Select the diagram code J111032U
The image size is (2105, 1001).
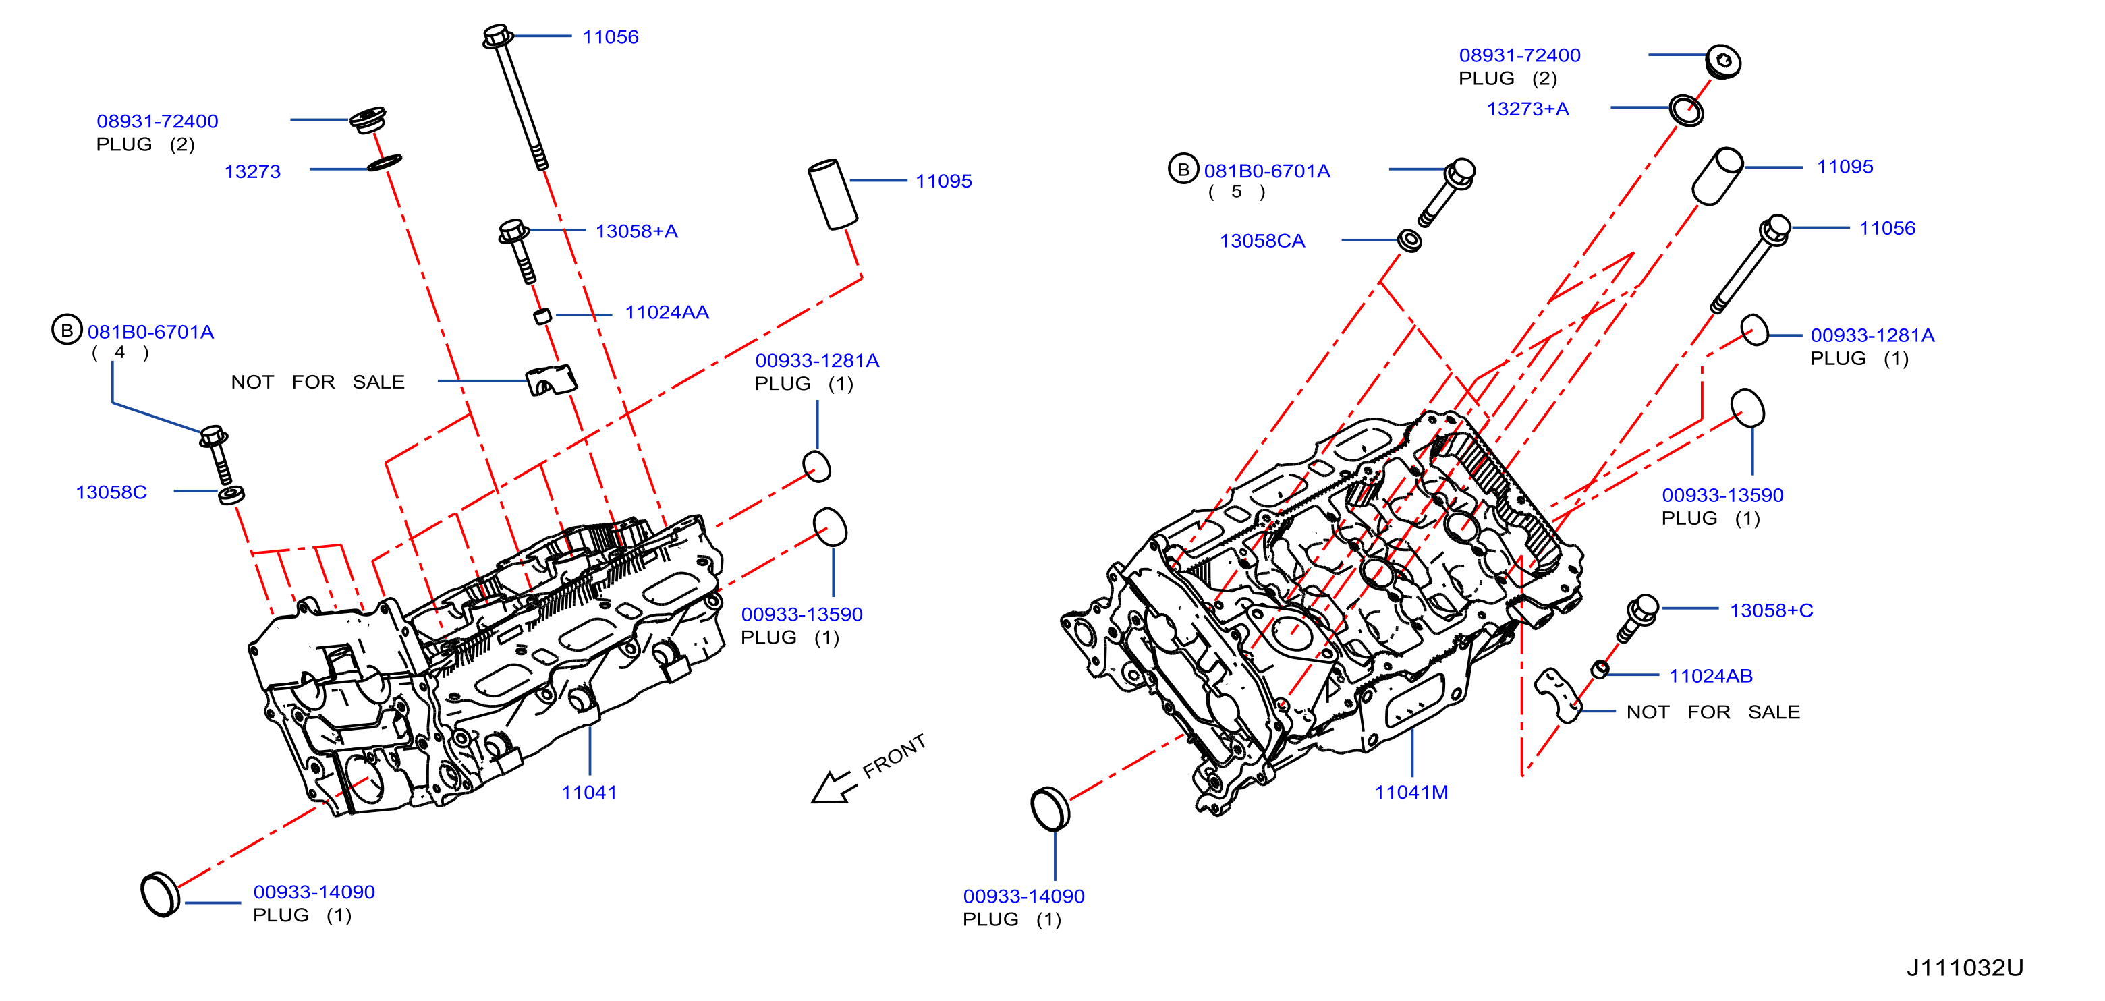(1965, 967)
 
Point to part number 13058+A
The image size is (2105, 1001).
(637, 231)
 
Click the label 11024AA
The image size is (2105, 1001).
(667, 312)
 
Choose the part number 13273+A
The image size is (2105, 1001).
(1527, 109)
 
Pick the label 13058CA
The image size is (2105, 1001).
(1262, 241)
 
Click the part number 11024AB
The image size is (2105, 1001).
(1710, 676)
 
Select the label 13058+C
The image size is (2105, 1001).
(1771, 610)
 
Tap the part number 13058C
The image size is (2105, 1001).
(111, 492)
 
